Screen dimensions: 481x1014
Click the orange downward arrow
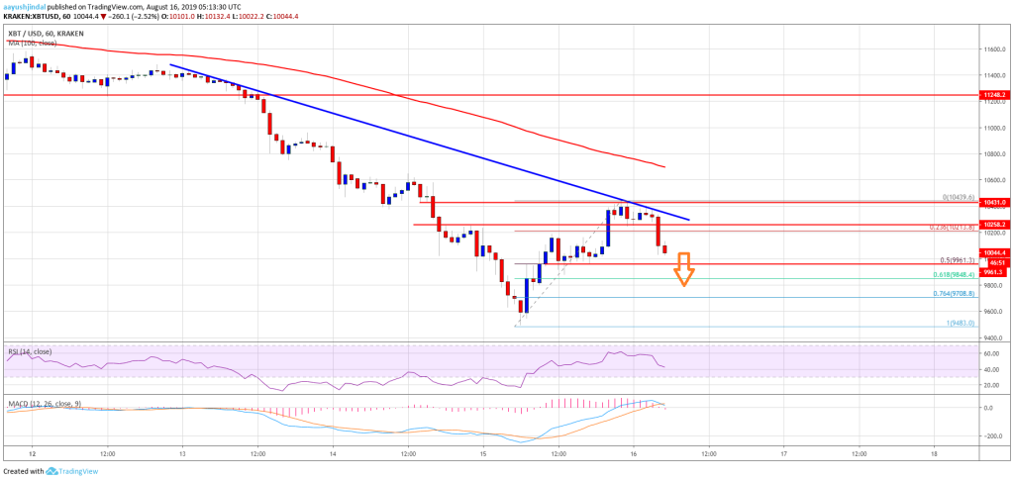[x=683, y=268]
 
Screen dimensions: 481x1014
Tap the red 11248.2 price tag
[x=995, y=95]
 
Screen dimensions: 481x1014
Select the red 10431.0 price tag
[x=995, y=203]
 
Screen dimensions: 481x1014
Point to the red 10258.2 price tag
[x=995, y=225]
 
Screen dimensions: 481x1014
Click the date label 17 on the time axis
[x=783, y=453]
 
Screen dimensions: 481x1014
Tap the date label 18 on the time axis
[x=933, y=453]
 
